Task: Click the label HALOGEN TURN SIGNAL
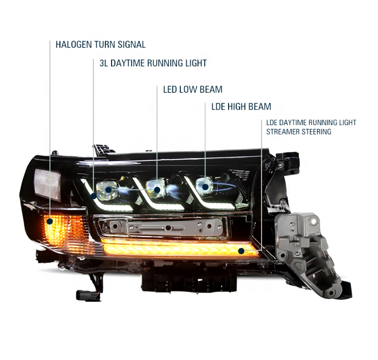click(101, 44)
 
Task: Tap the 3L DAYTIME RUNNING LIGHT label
click(153, 63)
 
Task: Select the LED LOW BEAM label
click(192, 89)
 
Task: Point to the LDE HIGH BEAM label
click(241, 106)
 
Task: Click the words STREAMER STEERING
click(299, 132)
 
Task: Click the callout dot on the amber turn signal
click(49, 222)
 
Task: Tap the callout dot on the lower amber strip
click(241, 251)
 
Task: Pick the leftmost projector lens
click(108, 190)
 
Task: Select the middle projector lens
click(157, 190)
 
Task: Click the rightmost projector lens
click(205, 187)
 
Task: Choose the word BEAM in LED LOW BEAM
click(211, 89)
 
